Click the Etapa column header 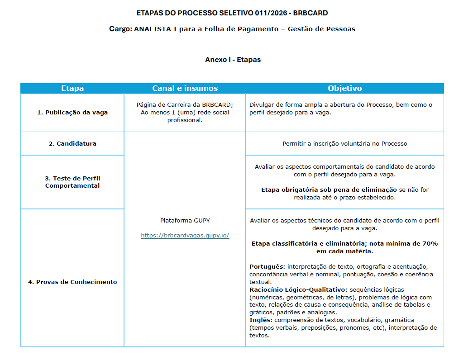(x=72, y=89)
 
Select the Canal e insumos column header (x=185, y=89)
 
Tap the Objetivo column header (x=344, y=89)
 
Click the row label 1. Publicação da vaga (x=72, y=113)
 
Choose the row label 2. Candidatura (x=72, y=144)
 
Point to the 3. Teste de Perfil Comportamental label (x=72, y=182)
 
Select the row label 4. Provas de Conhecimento (x=72, y=282)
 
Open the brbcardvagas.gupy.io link (x=185, y=236)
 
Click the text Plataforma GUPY (x=185, y=221)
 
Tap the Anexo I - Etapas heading (x=233, y=60)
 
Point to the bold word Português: (x=267, y=267)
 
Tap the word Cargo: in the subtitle (x=120, y=29)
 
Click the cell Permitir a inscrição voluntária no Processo (x=344, y=144)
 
